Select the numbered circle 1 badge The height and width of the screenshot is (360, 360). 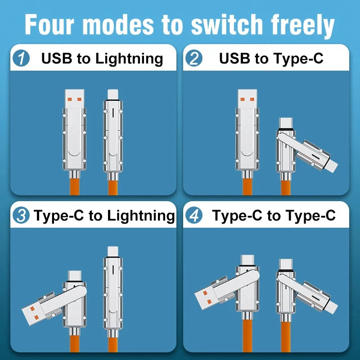22,58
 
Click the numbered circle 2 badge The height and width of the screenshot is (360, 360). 194,59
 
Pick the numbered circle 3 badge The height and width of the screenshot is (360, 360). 21,216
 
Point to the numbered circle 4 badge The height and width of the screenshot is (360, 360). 193,216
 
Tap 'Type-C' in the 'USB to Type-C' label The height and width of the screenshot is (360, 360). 297,58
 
